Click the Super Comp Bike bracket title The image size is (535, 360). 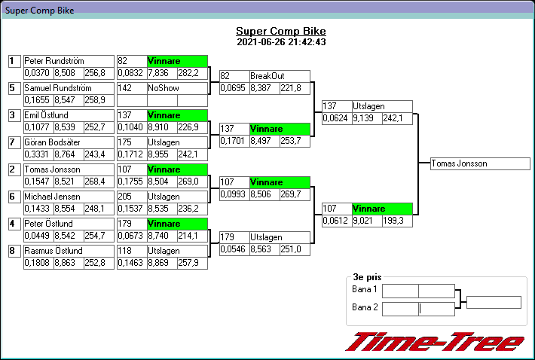coord(281,31)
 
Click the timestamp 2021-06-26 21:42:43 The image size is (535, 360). coord(281,42)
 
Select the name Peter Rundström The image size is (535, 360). coord(53,61)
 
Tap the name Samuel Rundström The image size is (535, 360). coord(57,88)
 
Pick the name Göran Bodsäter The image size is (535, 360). coord(53,142)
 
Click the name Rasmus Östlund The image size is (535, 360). coord(53,250)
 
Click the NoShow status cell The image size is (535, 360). coord(176,88)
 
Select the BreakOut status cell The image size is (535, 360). coord(279,76)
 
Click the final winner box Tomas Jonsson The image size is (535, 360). coord(480,163)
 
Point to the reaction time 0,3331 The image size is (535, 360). coord(38,154)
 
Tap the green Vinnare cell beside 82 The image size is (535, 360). coord(176,61)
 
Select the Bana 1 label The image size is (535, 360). coord(365,290)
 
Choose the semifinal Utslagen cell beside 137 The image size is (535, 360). coord(381,106)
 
